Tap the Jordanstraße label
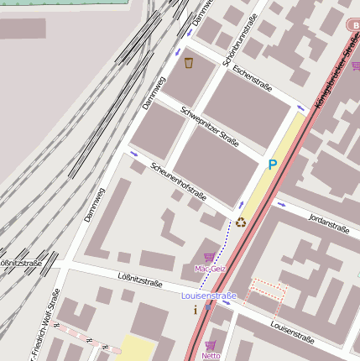pyautogui.click(x=329, y=224)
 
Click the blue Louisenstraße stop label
pyautogui.click(x=209, y=296)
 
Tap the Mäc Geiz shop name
pyautogui.click(x=210, y=269)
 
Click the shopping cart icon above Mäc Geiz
pyautogui.click(x=209, y=257)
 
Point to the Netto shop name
pyautogui.click(x=211, y=355)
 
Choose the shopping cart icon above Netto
pyautogui.click(x=211, y=344)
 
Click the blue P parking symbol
pyautogui.click(x=272, y=165)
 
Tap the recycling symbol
pyautogui.click(x=242, y=222)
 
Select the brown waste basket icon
pyautogui.click(x=189, y=62)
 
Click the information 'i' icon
pyautogui.click(x=196, y=310)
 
